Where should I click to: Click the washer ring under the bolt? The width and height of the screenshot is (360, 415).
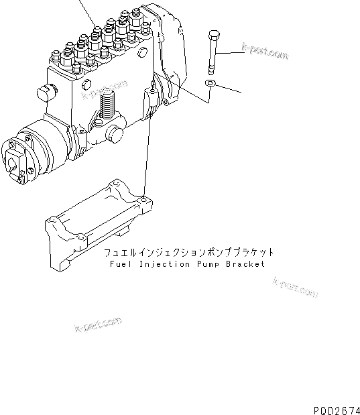(x=210, y=84)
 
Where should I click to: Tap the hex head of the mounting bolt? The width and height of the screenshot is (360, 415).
(x=213, y=34)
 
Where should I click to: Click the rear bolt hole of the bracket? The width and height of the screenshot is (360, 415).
(x=144, y=198)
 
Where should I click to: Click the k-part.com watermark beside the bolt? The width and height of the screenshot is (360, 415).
(x=265, y=51)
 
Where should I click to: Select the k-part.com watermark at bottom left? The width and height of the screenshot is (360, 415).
(x=98, y=327)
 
